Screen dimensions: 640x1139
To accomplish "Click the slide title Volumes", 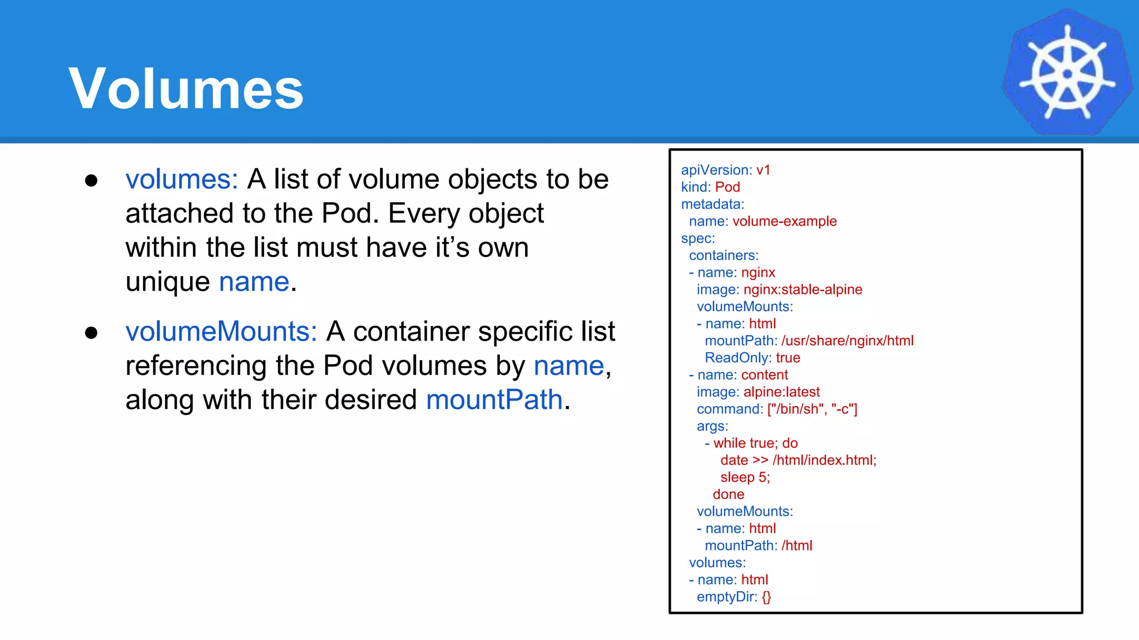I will [186, 89].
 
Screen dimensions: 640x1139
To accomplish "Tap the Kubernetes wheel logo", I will [1067, 73].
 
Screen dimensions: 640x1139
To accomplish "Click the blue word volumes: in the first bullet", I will [182, 179].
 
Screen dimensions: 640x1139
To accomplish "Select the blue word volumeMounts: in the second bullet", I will [221, 332].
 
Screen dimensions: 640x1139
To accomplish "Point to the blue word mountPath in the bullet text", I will [494, 400].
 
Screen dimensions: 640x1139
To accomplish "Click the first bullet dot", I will [91, 181].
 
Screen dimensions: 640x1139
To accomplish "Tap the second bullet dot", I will [91, 333].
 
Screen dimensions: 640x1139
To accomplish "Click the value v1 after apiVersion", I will [763, 170].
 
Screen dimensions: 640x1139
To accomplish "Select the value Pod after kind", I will [727, 187].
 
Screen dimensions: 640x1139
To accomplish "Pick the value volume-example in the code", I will [784, 221].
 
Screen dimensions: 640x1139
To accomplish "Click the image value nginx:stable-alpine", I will [803, 289].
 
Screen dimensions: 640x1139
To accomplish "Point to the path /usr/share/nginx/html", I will [847, 341].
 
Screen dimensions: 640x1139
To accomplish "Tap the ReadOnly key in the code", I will [737, 358].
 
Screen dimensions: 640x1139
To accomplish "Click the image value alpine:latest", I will [781, 392].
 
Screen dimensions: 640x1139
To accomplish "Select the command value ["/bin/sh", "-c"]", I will [812, 409].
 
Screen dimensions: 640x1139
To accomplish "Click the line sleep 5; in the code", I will [745, 477].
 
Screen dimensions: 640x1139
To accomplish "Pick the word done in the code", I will [728, 494].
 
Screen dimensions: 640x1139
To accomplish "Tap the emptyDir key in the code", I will [726, 597].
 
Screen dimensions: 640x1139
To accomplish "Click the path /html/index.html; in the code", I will [824, 460].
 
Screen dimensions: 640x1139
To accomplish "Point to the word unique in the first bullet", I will [167, 282].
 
